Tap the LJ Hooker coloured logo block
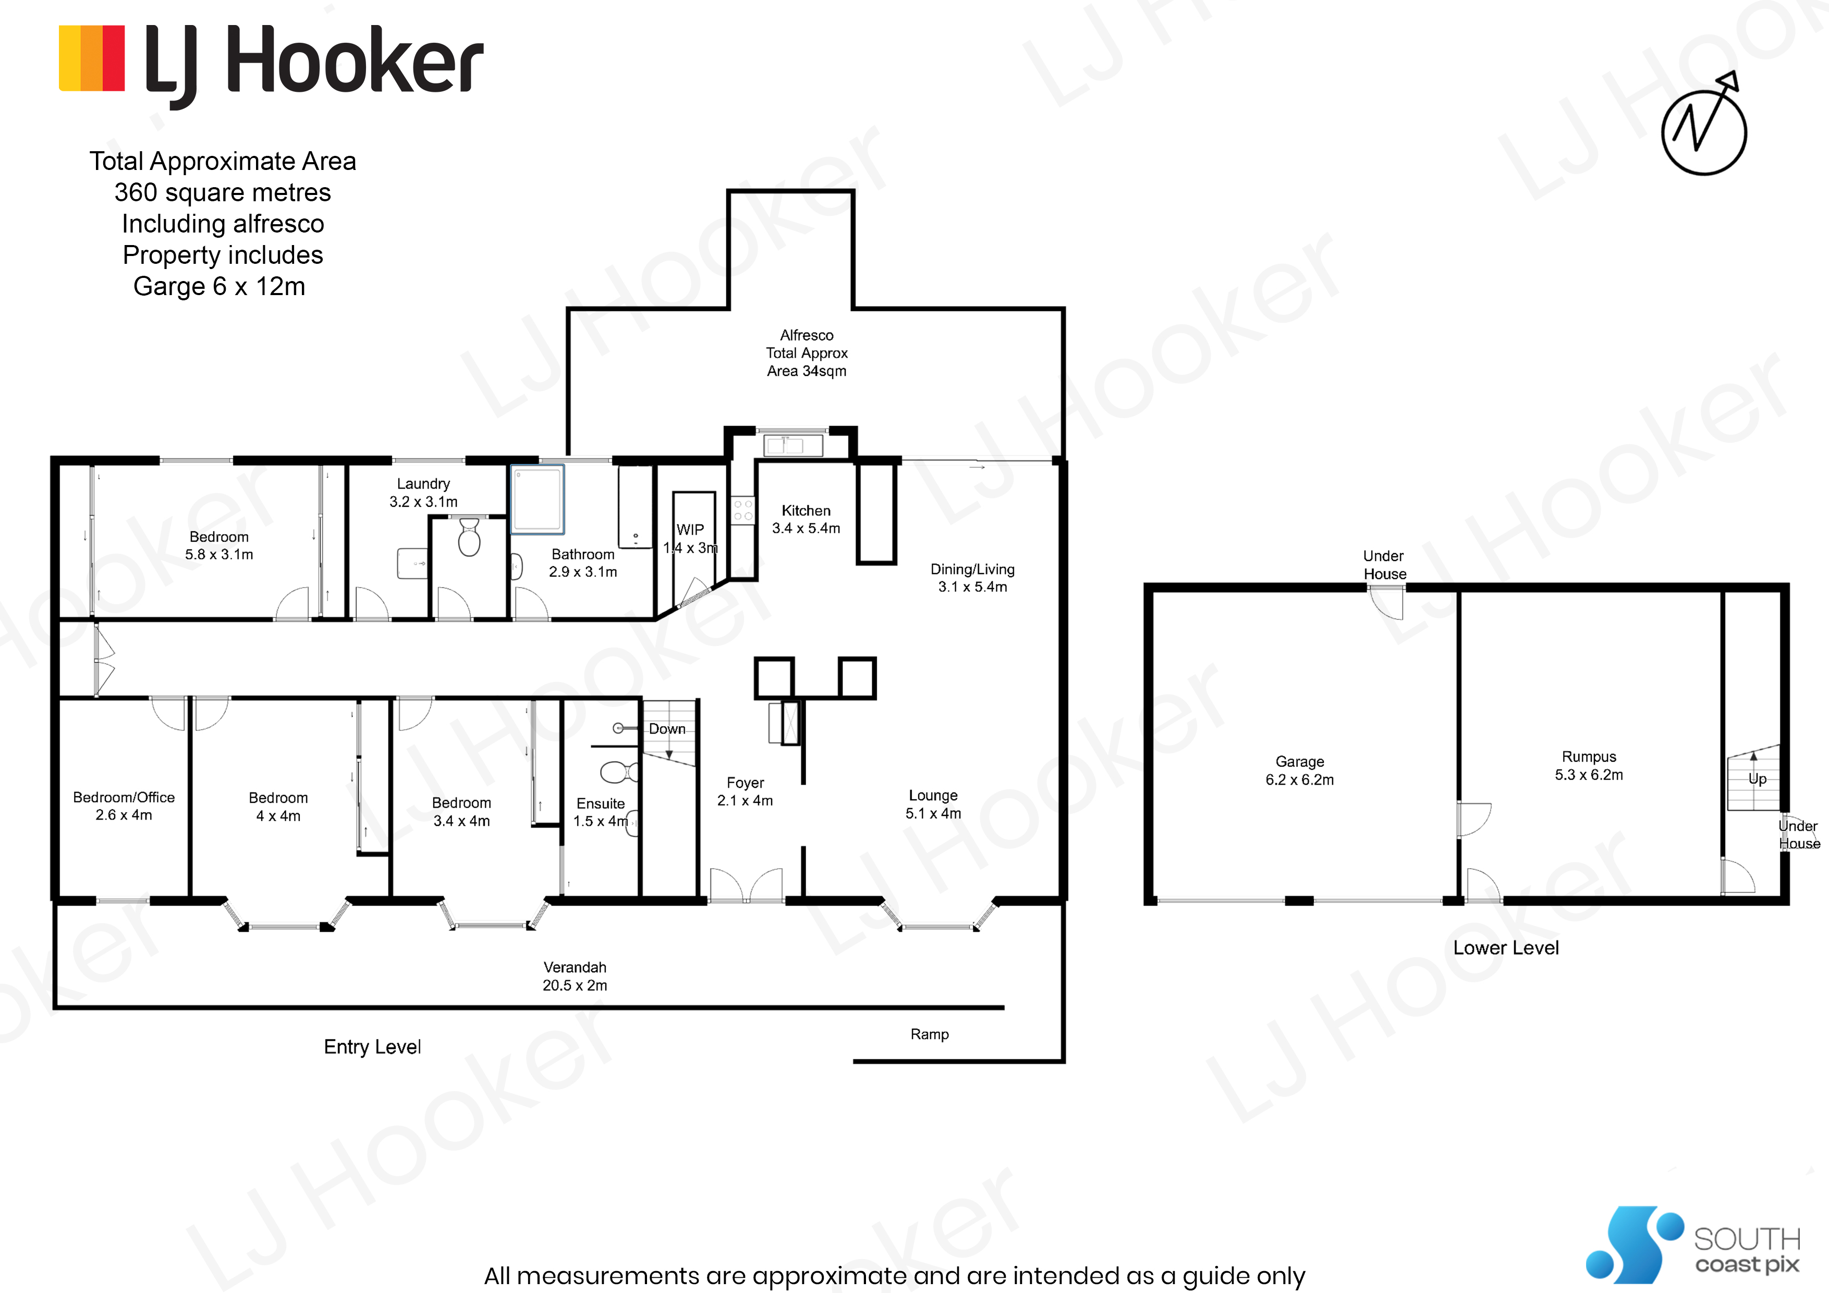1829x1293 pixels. pyautogui.click(x=92, y=58)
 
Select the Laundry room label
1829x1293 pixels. pyautogui.click(x=423, y=484)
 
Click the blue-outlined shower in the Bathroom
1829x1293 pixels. pyautogui.click(x=538, y=499)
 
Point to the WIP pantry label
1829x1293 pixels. pyautogui.click(x=690, y=530)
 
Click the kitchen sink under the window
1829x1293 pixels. pyautogui.click(x=792, y=445)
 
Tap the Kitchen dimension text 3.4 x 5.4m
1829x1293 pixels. pyautogui.click(x=806, y=528)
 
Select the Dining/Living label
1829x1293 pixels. pyautogui.click(x=972, y=569)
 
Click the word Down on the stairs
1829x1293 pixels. pyautogui.click(x=667, y=729)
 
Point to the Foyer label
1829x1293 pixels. pyautogui.click(x=745, y=783)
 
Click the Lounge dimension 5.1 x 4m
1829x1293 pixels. pyautogui.click(x=933, y=813)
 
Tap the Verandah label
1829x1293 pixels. pyautogui.click(x=575, y=967)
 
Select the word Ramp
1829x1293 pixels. pyautogui.click(x=929, y=1034)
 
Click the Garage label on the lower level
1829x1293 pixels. pyautogui.click(x=1299, y=762)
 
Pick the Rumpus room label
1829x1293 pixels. pyautogui.click(x=1589, y=757)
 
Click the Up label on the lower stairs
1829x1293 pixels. pyautogui.click(x=1757, y=779)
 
